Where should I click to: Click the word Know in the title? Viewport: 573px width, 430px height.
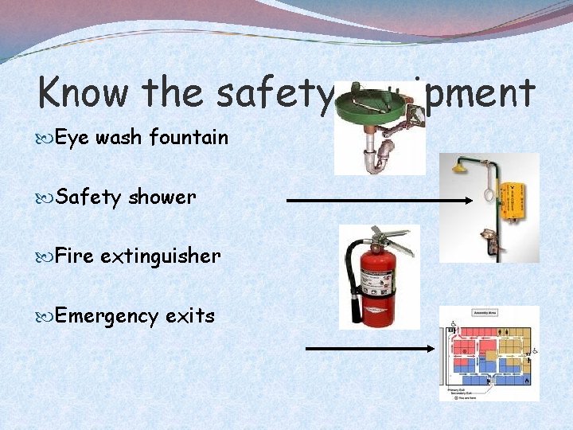[x=84, y=93]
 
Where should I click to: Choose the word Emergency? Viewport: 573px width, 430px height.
[x=107, y=316]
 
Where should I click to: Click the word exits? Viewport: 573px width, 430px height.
[x=190, y=315]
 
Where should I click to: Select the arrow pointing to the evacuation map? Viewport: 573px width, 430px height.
[x=371, y=348]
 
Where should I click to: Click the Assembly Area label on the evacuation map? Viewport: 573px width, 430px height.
[x=485, y=314]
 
